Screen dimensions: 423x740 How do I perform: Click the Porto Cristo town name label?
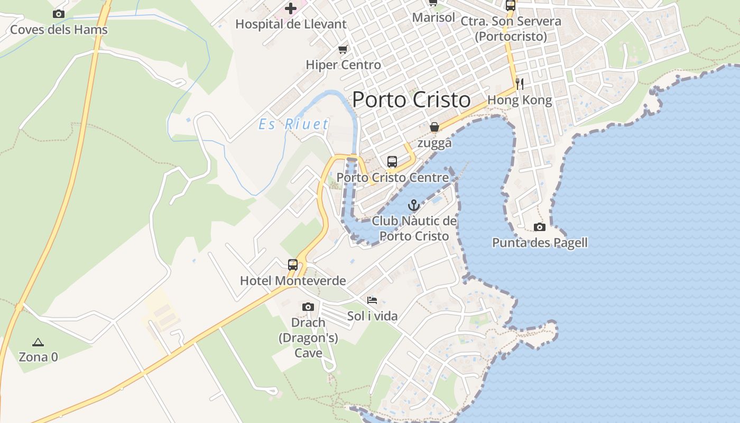point(411,99)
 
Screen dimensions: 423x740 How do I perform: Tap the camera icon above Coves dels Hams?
point(59,14)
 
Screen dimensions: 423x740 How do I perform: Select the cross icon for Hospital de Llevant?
point(290,8)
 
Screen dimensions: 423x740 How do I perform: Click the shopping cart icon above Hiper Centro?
point(343,50)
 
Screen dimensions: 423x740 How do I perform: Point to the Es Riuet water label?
point(293,124)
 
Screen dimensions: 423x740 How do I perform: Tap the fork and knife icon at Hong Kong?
point(519,84)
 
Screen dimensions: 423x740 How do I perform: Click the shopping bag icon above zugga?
point(434,127)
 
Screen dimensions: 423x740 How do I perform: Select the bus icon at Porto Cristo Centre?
point(392,162)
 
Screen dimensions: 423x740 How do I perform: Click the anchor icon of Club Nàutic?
point(414,205)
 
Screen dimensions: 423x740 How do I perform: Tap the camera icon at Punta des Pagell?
point(539,227)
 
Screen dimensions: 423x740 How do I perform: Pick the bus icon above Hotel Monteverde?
point(292,265)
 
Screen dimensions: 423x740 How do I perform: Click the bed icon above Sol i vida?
point(372,300)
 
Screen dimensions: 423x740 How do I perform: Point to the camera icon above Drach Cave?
point(308,307)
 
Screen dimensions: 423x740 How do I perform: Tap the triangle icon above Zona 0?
point(38,342)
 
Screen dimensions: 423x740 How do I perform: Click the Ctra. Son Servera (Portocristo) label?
point(510,29)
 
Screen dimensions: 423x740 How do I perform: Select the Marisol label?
point(433,17)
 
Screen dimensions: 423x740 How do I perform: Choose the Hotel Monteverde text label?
point(293,281)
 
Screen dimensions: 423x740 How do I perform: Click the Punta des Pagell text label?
point(540,243)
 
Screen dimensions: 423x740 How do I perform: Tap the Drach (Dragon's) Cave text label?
point(308,337)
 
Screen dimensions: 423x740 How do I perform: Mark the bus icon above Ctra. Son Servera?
point(510,6)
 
